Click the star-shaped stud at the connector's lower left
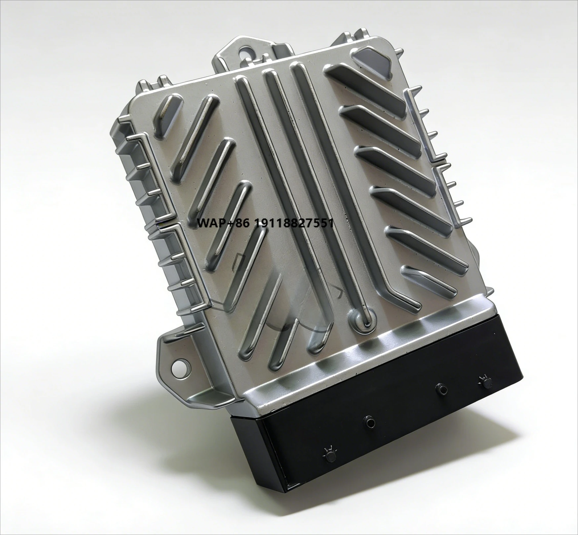tap(329, 455)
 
